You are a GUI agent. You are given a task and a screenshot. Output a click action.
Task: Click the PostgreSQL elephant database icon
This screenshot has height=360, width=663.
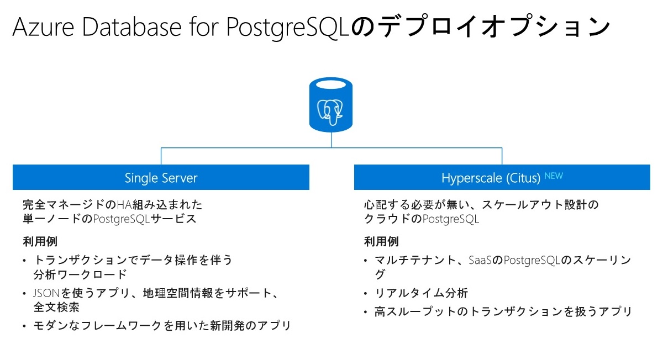331,105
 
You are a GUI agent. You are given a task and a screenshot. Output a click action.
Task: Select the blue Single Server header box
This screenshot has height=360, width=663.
161,178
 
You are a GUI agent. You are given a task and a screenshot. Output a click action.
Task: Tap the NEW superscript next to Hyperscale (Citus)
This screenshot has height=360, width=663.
553,176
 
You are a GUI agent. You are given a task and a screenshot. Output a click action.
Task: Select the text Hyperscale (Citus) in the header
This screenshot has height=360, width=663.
490,178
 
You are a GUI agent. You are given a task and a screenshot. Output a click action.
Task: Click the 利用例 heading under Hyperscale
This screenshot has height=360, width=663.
381,241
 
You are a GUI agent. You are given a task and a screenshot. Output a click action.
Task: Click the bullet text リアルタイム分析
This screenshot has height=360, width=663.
421,293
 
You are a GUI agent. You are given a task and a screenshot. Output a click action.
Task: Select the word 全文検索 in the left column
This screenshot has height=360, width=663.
56,307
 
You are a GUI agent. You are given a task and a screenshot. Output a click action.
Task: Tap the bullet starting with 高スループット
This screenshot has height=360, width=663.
503,312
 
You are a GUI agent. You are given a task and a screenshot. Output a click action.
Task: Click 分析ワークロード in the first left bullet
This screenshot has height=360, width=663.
80,274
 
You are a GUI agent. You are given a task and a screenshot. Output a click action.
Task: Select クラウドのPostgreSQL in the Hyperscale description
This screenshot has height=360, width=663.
421,219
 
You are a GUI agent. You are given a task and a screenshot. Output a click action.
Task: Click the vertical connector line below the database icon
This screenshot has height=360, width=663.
331,140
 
